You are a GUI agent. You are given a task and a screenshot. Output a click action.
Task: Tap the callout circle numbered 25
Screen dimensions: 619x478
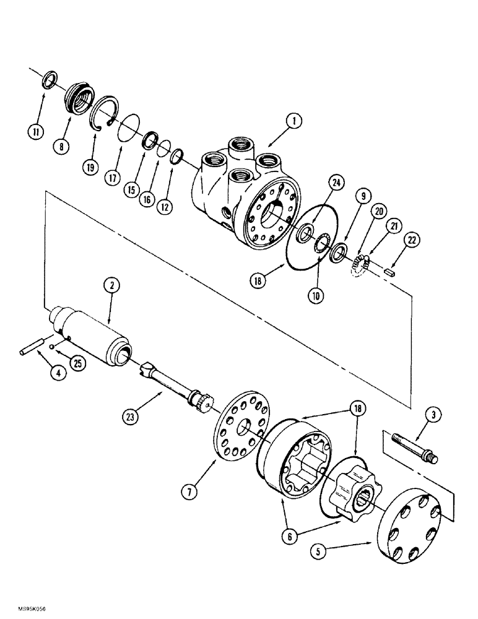[77, 363]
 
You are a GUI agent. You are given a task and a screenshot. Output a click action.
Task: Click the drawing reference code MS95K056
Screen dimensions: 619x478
[24, 609]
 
